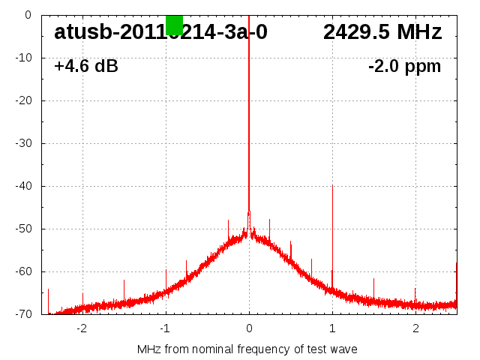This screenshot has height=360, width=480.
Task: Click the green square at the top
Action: [x=174, y=24]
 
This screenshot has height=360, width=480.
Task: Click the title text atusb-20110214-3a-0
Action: [x=160, y=32]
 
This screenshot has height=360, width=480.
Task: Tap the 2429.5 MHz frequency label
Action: [x=382, y=32]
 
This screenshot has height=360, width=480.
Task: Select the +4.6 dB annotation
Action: [x=86, y=67]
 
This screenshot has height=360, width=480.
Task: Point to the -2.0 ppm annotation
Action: [x=404, y=67]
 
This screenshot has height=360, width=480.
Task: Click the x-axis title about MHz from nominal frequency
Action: [x=247, y=349]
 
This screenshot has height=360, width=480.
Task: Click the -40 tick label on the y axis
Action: [x=24, y=186]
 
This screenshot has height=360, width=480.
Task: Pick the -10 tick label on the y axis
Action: [x=24, y=58]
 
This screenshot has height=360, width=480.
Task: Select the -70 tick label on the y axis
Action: [x=24, y=314]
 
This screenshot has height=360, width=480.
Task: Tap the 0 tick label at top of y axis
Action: [x=28, y=15]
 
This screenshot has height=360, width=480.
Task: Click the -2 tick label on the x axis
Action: [x=82, y=328]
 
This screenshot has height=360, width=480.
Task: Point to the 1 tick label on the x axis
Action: [x=332, y=328]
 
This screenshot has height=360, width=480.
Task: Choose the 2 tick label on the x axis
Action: [x=415, y=328]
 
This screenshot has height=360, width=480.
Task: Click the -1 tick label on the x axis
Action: [x=165, y=328]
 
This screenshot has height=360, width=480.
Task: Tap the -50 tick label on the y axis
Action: [x=24, y=229]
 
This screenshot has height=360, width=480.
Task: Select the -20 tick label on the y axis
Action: [x=24, y=100]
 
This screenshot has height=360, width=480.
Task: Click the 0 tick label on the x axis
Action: [x=249, y=328]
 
